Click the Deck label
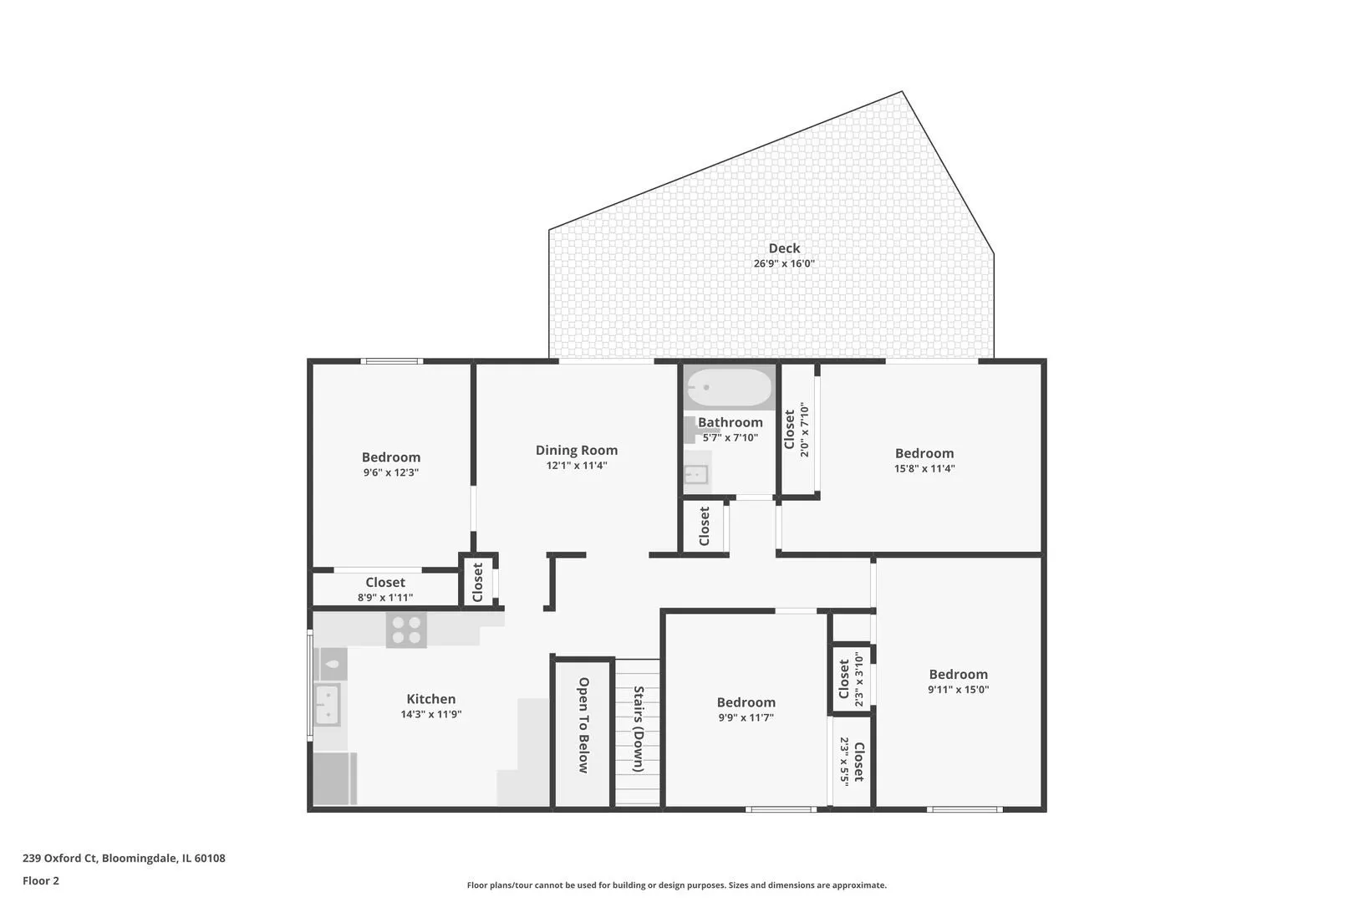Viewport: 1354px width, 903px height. coord(784,248)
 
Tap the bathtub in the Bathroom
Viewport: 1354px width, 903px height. coord(730,387)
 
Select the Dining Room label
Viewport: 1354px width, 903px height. coord(577,450)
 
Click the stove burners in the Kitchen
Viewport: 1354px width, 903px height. coord(406,630)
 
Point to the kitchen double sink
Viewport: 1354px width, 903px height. coord(328,705)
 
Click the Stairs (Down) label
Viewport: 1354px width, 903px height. coord(639,729)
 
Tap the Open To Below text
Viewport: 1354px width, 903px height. coord(583,725)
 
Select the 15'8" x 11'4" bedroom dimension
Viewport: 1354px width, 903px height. coord(924,468)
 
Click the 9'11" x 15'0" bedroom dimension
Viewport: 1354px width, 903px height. coord(958,690)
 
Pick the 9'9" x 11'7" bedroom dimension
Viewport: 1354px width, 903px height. coord(746,717)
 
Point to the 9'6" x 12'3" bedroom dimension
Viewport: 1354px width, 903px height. coord(390,472)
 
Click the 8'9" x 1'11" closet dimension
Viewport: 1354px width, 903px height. coord(385,598)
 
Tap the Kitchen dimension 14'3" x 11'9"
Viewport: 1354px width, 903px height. coord(431,714)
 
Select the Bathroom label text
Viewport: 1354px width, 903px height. coord(730,422)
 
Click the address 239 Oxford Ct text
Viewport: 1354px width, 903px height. coord(60,858)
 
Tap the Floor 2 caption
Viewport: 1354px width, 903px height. coord(40,880)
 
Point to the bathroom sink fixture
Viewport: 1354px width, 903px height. coord(696,475)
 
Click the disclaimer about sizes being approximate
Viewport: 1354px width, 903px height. coord(676,885)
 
